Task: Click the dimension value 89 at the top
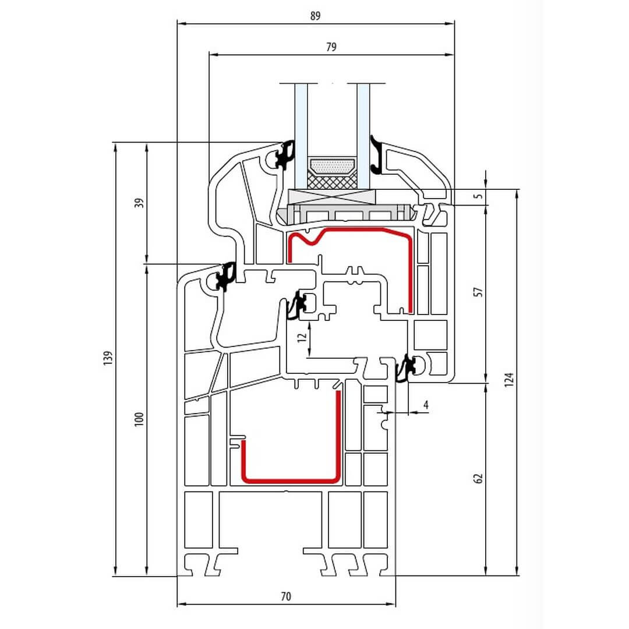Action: [x=315, y=16]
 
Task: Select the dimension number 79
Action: [x=331, y=47]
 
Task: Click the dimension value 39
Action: [x=138, y=203]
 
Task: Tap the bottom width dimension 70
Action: [x=285, y=596]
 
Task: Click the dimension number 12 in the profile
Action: [x=301, y=337]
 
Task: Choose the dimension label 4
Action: [x=426, y=404]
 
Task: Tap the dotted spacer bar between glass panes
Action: [x=331, y=167]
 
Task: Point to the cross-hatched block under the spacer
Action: [x=331, y=182]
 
